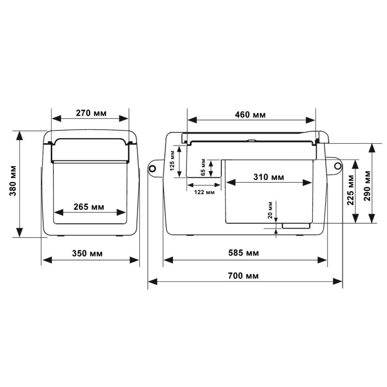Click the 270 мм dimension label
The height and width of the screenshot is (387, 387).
coord(91,113)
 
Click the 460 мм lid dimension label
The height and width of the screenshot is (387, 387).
coord(251,115)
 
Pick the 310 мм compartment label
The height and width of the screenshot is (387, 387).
coord(269,177)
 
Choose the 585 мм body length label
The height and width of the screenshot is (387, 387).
coord(244,253)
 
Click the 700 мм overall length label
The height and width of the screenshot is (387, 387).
coord(244,275)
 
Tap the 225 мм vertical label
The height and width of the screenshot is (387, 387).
coord(351,190)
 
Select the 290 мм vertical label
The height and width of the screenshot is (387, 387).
coord(367,183)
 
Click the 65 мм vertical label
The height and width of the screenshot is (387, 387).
coord(203,168)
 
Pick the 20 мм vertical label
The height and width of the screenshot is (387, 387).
coord(270,210)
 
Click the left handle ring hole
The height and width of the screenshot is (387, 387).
coord(152,168)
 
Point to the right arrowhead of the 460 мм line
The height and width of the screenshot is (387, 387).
coord(312,119)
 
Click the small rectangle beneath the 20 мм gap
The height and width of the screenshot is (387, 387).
coord(296,226)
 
